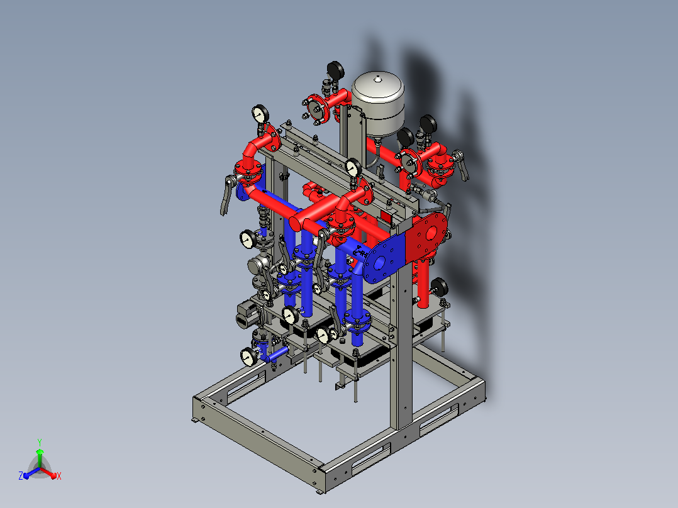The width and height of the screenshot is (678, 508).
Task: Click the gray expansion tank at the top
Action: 378,104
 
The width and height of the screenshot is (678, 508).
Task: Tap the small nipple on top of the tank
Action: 378,79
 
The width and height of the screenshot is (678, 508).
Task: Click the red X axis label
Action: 59,476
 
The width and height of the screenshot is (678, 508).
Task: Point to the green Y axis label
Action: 40,443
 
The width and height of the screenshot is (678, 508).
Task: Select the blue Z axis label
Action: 21,476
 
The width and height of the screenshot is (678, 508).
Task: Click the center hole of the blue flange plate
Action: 380,262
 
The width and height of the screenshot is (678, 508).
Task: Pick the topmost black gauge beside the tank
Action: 336,70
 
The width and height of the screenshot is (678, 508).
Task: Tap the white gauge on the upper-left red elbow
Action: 260,114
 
